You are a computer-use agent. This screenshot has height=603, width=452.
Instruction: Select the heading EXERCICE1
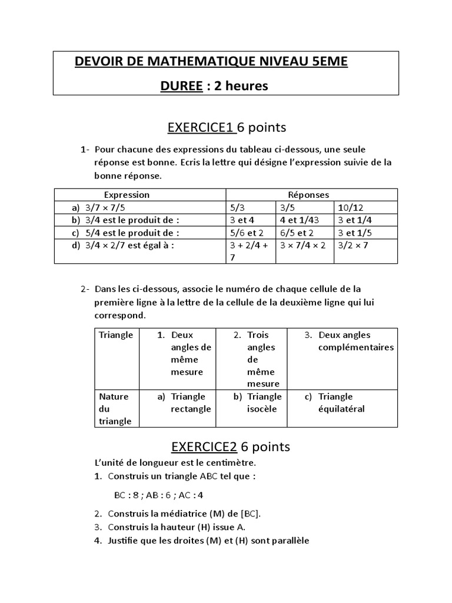coord(202,127)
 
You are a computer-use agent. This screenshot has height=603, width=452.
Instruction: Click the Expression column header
coord(127,194)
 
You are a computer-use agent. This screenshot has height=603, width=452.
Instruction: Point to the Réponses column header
coord(308,194)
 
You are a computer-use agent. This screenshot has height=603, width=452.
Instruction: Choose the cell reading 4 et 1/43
coord(299,220)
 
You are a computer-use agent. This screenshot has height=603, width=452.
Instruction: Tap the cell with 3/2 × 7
coord(353,244)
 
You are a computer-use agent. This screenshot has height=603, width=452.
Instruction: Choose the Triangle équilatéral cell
coord(341,403)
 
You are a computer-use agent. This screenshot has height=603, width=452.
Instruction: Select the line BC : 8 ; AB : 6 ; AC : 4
coord(158,495)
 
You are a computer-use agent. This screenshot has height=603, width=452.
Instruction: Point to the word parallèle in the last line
coord(288,541)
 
